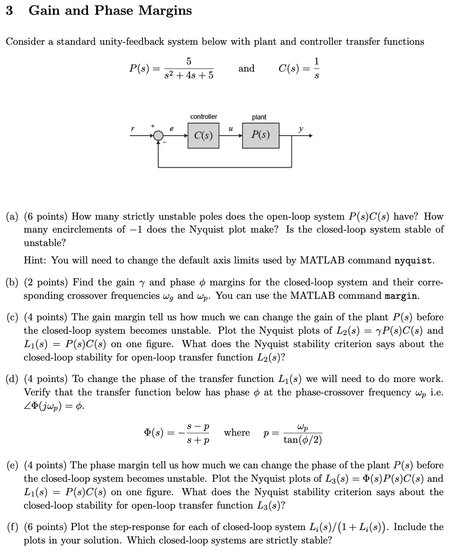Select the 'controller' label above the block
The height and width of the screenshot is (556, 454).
pyautogui.click(x=203, y=117)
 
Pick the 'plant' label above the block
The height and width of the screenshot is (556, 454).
pyautogui.click(x=259, y=117)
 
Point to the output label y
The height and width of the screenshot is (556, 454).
pyautogui.click(x=301, y=129)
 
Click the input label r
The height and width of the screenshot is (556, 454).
pyautogui.click(x=132, y=129)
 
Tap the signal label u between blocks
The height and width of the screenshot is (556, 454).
pyautogui.click(x=231, y=129)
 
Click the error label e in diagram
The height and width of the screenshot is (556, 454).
pyautogui.click(x=172, y=129)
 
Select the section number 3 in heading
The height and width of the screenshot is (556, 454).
pyautogui.click(x=9, y=11)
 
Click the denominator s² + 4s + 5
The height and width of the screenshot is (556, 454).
pyautogui.click(x=189, y=75)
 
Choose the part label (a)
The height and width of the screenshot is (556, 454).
pyautogui.click(x=12, y=217)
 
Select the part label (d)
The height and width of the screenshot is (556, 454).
pyautogui.click(x=12, y=379)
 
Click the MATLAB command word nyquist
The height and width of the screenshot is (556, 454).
pyautogui.click(x=414, y=261)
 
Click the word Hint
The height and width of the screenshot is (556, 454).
pyautogui.click(x=35, y=261)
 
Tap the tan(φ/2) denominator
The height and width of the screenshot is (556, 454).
pyautogui.click(x=303, y=440)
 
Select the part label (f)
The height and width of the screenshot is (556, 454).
pyautogui.click(x=12, y=527)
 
